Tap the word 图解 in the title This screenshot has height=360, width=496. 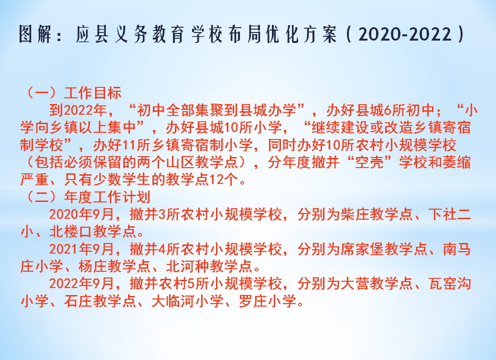(x=35, y=34)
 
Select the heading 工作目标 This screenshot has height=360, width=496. (x=93, y=93)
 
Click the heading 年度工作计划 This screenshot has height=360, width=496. (x=107, y=197)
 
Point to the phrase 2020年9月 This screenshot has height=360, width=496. (x=82, y=214)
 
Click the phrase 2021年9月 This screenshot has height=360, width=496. (x=82, y=249)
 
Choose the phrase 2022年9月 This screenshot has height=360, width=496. (x=82, y=284)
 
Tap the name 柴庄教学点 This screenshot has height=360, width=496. (x=377, y=214)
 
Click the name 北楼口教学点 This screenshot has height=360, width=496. (x=93, y=232)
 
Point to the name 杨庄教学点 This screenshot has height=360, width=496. (x=114, y=266)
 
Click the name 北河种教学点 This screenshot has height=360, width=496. (x=209, y=266)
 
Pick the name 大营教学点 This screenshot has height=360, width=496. (x=377, y=284)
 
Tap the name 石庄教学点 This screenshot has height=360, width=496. (x=100, y=301)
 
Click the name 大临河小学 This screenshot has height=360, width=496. (x=188, y=301)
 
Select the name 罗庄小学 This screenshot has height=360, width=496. (x=268, y=301)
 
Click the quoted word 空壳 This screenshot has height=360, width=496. (x=369, y=162)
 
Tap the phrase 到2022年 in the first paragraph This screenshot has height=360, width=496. (x=78, y=110)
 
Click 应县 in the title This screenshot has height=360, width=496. (x=92, y=34)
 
